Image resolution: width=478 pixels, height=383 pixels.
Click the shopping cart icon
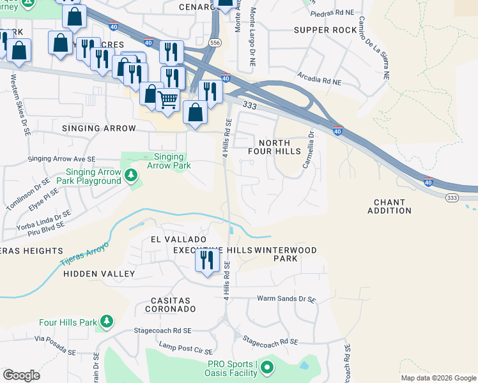pyautogui.click(x=167, y=100)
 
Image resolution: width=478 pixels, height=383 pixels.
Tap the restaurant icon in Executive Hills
pyautogui.click(x=206, y=260)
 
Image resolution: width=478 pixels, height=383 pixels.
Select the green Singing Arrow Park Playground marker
pyautogui.click(x=131, y=174)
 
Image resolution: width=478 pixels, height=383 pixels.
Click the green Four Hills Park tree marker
pyautogui.click(x=108, y=320)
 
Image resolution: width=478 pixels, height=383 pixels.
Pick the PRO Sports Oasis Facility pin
pyautogui.click(x=266, y=368)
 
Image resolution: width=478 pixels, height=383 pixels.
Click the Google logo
pyautogui.click(x=21, y=375)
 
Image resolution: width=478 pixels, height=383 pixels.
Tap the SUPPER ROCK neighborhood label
pyautogui.click(x=325, y=30)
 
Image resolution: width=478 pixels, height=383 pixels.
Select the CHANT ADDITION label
pyautogui.click(x=389, y=206)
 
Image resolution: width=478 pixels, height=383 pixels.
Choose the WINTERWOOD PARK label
pyautogui.click(x=285, y=254)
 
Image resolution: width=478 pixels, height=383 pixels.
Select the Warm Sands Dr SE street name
pyautogui.click(x=286, y=299)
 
